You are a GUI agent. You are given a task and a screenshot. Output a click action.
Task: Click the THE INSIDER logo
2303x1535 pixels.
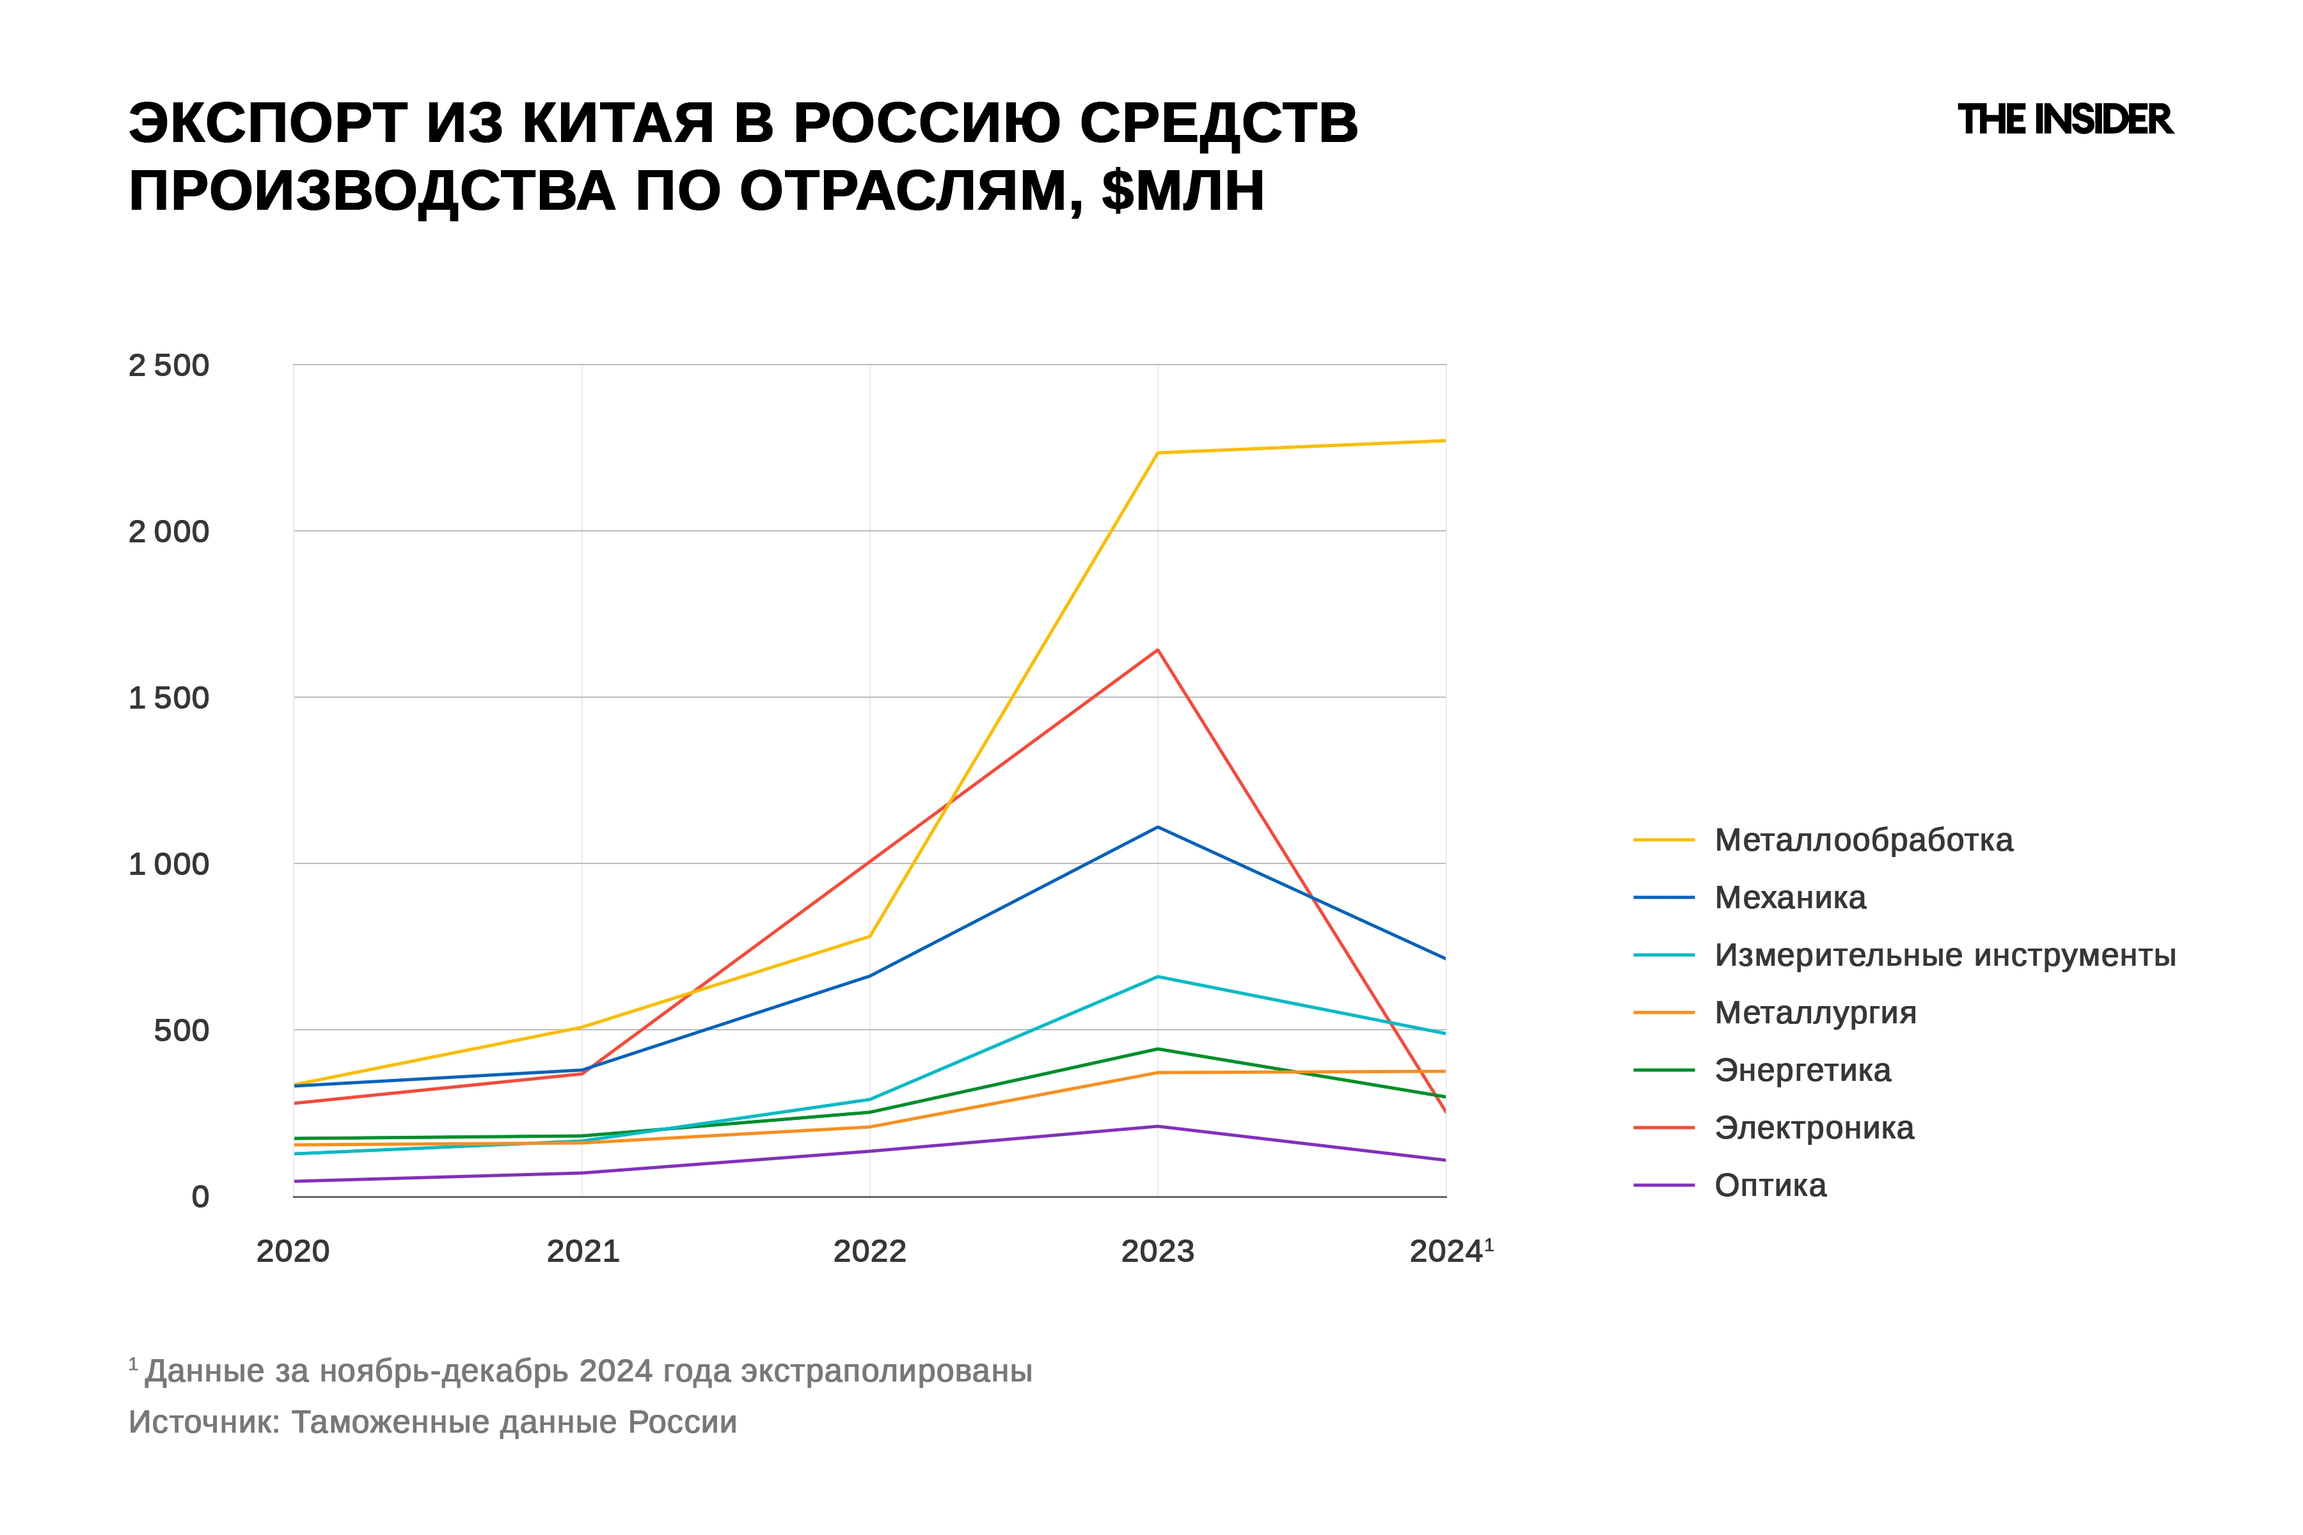tap(2064, 120)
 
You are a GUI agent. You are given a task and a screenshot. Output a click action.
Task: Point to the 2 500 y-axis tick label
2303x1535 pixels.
tap(168, 365)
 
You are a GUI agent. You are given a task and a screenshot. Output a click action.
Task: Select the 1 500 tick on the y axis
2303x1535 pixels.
tap(168, 698)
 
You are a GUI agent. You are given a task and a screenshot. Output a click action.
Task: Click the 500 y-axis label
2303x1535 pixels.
tap(181, 1030)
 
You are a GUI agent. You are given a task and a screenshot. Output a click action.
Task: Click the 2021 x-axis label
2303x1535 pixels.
tap(583, 1251)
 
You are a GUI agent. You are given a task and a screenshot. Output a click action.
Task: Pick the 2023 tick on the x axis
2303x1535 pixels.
tap(1157, 1251)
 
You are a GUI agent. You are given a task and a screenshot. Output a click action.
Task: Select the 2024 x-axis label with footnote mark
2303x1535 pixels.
tap(1449, 1251)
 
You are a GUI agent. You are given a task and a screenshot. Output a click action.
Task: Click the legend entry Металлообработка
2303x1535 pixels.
tap(1862, 840)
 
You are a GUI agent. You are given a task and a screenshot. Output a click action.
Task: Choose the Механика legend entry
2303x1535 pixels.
tap(1789, 898)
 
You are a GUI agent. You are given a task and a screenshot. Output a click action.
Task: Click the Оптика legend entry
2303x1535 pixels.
tap(1769, 1186)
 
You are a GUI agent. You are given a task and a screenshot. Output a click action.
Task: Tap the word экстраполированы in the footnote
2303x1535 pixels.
tap(886, 1371)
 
